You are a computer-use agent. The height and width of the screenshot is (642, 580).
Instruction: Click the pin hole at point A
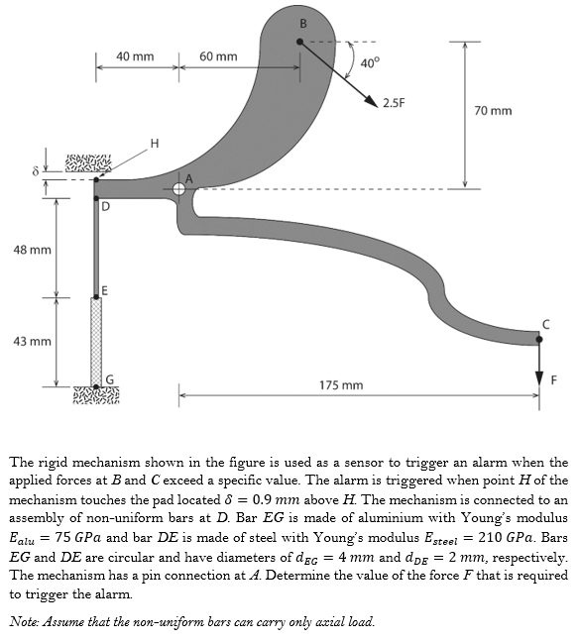(x=179, y=189)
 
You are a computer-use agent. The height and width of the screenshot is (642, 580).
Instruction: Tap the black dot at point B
(x=299, y=42)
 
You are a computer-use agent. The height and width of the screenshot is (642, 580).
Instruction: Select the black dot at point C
(x=539, y=339)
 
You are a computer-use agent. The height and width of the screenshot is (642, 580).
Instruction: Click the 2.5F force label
(x=394, y=103)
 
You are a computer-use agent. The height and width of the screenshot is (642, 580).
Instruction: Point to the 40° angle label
(x=370, y=62)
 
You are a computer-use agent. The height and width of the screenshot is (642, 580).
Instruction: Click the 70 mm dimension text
(x=493, y=111)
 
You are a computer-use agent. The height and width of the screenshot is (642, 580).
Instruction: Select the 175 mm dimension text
(x=341, y=384)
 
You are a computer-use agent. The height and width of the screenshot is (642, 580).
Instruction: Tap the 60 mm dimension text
(x=218, y=56)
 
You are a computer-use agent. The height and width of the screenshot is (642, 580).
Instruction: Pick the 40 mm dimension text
(x=135, y=56)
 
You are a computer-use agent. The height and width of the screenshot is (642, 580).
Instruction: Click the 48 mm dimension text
(x=33, y=250)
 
